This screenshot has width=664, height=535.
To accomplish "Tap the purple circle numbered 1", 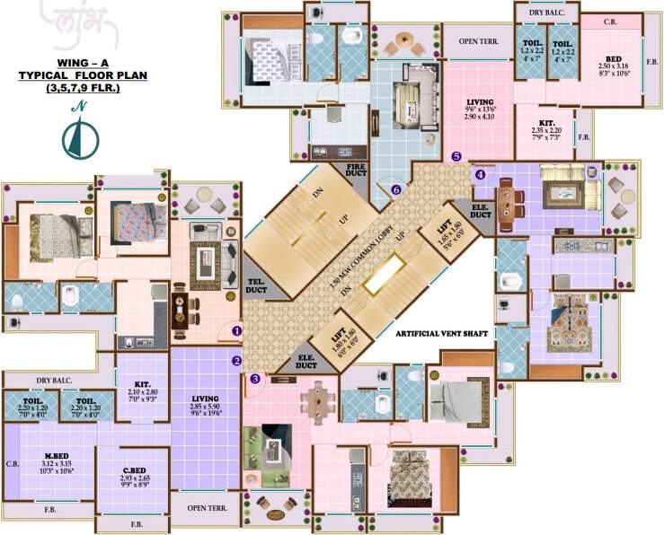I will pos(237,330).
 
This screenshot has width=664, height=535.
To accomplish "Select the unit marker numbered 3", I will pos(255,379).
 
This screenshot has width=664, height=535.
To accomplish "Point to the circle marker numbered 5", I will pos(456,156).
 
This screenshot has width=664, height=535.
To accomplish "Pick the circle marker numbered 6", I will pos(396,189).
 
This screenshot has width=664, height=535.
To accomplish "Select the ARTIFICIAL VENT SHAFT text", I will pos(442,333).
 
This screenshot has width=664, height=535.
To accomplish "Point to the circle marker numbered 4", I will pos(480,174).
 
